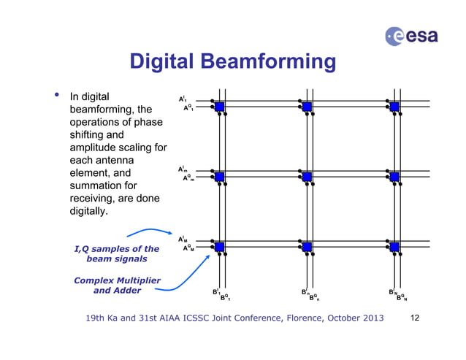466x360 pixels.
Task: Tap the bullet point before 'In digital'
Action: (x=53, y=96)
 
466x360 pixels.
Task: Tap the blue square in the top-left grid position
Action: (x=219, y=107)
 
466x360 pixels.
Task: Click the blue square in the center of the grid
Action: (x=307, y=177)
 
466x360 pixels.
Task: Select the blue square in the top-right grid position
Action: (x=395, y=107)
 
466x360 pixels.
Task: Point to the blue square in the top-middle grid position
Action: (x=307, y=107)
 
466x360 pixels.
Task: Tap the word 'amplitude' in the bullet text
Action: (x=93, y=148)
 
